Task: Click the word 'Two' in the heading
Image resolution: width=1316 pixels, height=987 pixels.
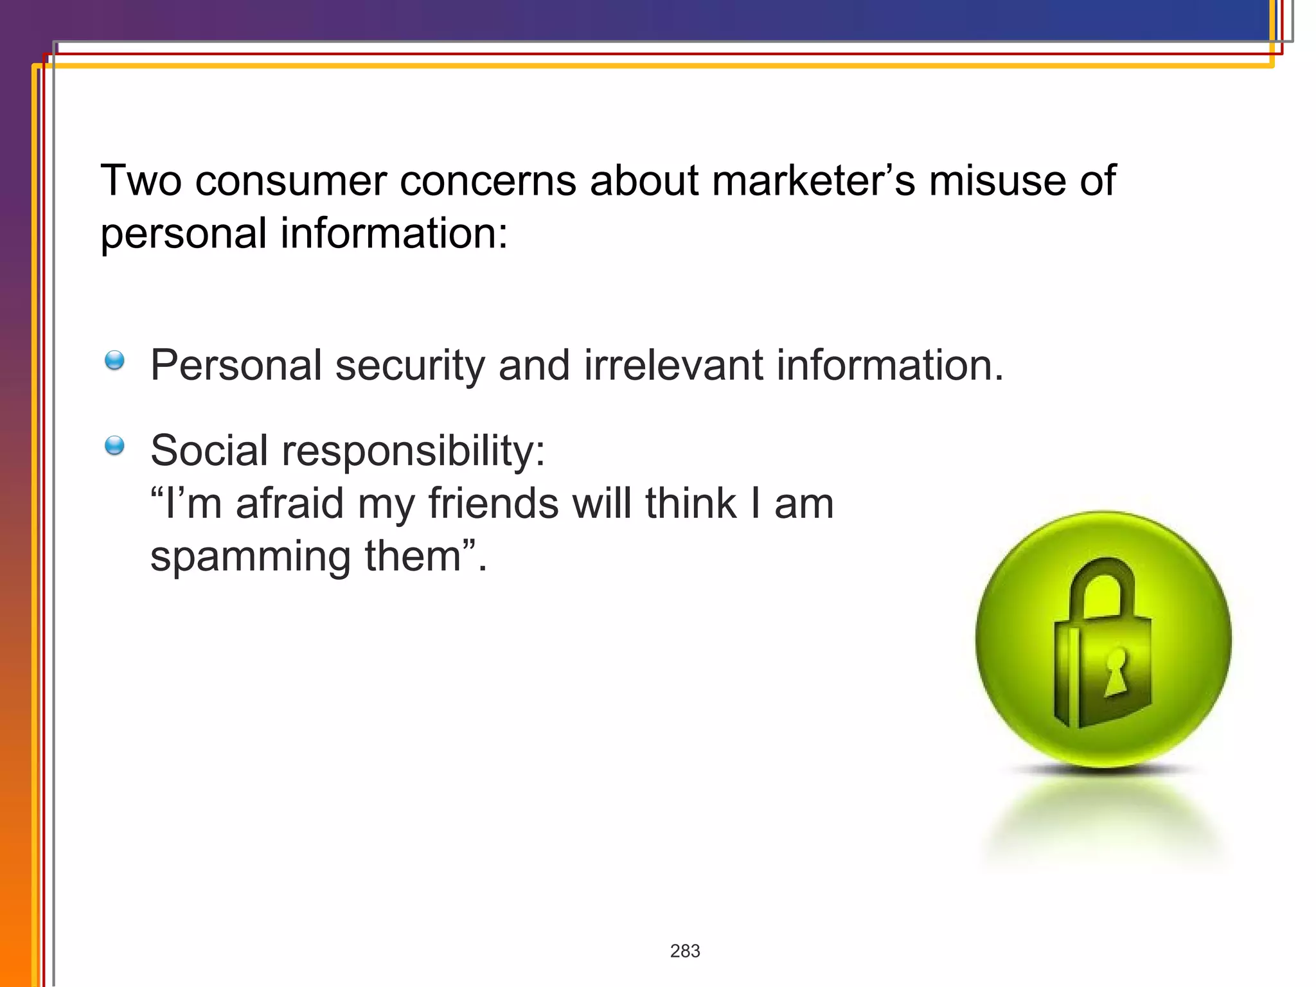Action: (x=141, y=181)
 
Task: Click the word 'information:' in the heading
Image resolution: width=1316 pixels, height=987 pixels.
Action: (x=394, y=233)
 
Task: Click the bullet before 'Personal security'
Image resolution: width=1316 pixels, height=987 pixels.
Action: (x=114, y=360)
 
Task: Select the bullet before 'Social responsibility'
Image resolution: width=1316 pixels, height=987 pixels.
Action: (x=114, y=445)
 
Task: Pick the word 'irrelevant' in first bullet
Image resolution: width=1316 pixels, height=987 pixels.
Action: (x=673, y=365)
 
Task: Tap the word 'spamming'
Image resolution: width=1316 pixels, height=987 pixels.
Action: (x=250, y=558)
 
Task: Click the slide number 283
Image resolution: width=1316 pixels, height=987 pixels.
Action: (x=684, y=951)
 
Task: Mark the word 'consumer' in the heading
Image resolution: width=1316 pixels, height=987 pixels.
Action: (x=290, y=181)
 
